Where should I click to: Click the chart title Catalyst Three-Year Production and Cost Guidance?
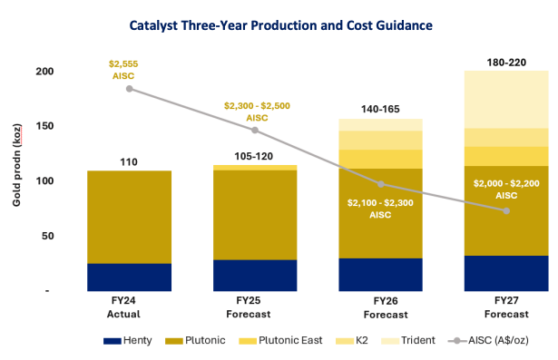pyautogui.click(x=280, y=25)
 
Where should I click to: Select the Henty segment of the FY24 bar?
pyautogui.click(x=129, y=277)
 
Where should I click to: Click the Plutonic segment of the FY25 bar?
pyautogui.click(x=255, y=215)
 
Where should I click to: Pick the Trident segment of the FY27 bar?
pyautogui.click(x=506, y=99)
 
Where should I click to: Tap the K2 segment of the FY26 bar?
pyautogui.click(x=380, y=141)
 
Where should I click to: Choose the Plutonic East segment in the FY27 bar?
pyautogui.click(x=506, y=156)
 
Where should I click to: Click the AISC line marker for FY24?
pyautogui.click(x=130, y=89)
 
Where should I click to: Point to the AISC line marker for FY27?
pyautogui.click(x=506, y=211)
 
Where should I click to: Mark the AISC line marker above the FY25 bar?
pyautogui.click(x=255, y=131)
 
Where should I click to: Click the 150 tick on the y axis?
pyautogui.click(x=44, y=126)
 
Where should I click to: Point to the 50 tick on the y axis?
pyautogui.click(x=48, y=236)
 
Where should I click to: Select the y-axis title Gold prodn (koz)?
pyautogui.click(x=16, y=165)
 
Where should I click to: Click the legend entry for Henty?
pyautogui.click(x=127, y=340)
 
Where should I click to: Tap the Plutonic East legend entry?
pyautogui.click(x=280, y=340)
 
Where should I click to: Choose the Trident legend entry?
pyautogui.click(x=407, y=340)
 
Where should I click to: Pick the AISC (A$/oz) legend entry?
pyautogui.click(x=488, y=340)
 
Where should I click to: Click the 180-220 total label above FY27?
pyautogui.click(x=506, y=63)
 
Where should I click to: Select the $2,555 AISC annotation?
pyautogui.click(x=123, y=70)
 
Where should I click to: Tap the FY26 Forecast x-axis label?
pyautogui.click(x=386, y=307)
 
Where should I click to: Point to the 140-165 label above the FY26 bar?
pyautogui.click(x=380, y=109)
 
